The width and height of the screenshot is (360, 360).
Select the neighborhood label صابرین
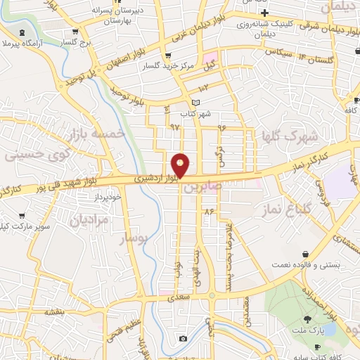click(x=202, y=188)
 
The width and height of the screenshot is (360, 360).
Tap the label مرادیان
click(x=88, y=221)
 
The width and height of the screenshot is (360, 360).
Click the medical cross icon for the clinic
click(x=264, y=13)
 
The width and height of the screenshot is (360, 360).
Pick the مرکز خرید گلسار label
click(x=156, y=66)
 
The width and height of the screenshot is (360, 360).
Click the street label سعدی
click(x=176, y=298)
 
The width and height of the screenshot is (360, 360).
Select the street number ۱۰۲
click(x=203, y=88)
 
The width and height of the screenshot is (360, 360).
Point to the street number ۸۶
click(x=209, y=211)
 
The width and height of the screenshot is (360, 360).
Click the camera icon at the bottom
click(x=184, y=338)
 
